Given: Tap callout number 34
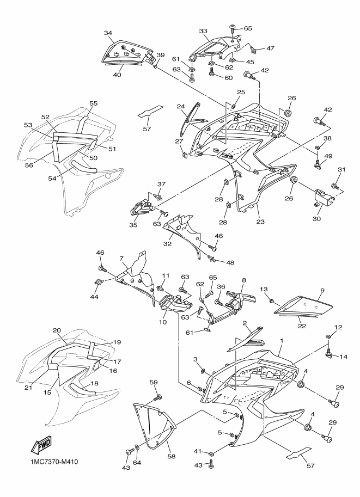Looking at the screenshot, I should coord(108,33).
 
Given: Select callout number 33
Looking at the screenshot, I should coord(203,31).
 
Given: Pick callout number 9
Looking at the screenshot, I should coord(322,291).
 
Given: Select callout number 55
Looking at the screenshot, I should coord(94,103).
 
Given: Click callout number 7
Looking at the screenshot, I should coord(123,258).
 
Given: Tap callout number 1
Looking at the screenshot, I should coord(282,340).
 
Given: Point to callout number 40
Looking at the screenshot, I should coord(116,76).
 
